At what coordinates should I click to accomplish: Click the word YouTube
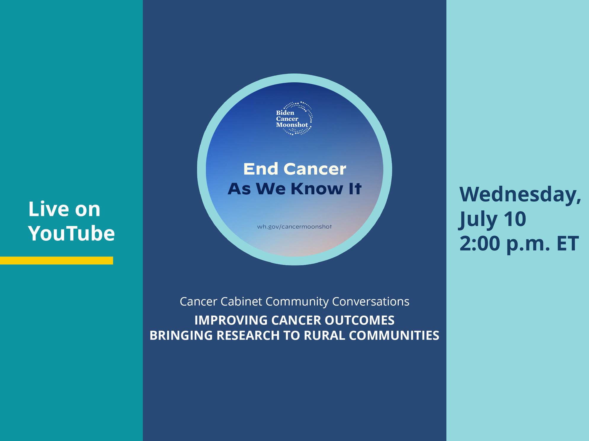click(x=71, y=233)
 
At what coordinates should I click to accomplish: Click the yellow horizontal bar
click(x=56, y=260)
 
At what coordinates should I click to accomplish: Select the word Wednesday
click(x=520, y=194)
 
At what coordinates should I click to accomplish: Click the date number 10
click(x=515, y=219)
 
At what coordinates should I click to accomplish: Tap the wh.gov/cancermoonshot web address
click(x=294, y=227)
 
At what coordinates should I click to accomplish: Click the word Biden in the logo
click(x=285, y=113)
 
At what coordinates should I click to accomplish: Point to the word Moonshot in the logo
click(x=292, y=125)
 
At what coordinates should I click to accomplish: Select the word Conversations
click(x=371, y=301)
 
